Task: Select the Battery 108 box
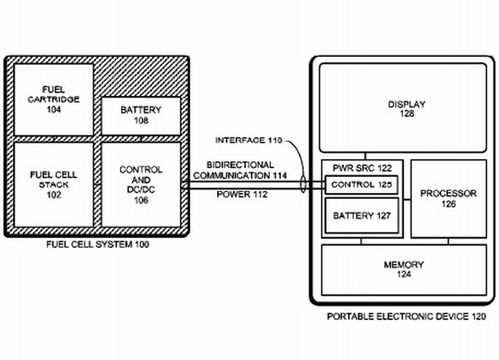click(x=140, y=115)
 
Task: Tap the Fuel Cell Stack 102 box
click(x=53, y=185)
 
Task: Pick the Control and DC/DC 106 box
click(x=140, y=185)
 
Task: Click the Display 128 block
click(x=402, y=108)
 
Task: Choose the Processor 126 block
click(x=448, y=198)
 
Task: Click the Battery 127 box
click(x=361, y=216)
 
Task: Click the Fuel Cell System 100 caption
click(x=97, y=244)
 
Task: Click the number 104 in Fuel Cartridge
click(x=53, y=109)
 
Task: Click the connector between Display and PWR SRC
click(x=365, y=156)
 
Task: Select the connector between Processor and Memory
click(x=448, y=241)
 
